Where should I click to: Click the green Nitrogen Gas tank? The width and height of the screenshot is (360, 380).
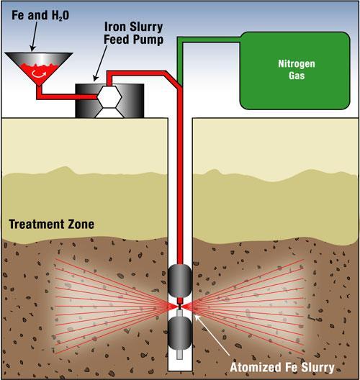click(x=294, y=71)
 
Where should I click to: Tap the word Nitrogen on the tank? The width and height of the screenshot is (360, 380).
click(x=297, y=64)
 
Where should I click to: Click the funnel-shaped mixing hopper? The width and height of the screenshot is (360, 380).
click(x=39, y=68)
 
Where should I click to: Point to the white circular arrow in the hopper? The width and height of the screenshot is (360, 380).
click(x=39, y=74)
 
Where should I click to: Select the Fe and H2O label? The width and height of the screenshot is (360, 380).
click(x=40, y=16)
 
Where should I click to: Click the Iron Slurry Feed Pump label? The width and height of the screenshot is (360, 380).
click(x=134, y=33)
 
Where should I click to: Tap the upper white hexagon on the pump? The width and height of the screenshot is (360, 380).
click(x=109, y=96)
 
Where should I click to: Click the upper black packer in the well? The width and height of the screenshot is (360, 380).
click(x=180, y=281)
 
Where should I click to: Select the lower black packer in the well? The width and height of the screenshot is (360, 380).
click(x=180, y=333)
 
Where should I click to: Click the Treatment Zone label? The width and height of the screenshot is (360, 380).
click(x=52, y=224)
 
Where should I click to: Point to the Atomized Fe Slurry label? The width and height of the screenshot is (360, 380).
click(x=282, y=367)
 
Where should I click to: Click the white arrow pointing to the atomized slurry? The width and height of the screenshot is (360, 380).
click(x=212, y=335)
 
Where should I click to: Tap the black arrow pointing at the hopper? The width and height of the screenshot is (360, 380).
click(x=35, y=37)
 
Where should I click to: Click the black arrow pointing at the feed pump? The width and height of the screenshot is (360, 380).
click(x=100, y=63)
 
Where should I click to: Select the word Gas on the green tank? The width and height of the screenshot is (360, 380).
click(x=297, y=76)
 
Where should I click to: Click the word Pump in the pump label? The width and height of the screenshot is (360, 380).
click(x=149, y=40)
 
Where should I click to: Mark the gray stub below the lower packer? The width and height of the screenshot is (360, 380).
click(x=179, y=354)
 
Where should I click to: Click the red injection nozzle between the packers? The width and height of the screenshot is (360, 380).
click(x=179, y=302)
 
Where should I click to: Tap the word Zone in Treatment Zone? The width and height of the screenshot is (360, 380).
click(x=81, y=224)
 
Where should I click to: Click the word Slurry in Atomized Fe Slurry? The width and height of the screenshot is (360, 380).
click(x=318, y=368)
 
